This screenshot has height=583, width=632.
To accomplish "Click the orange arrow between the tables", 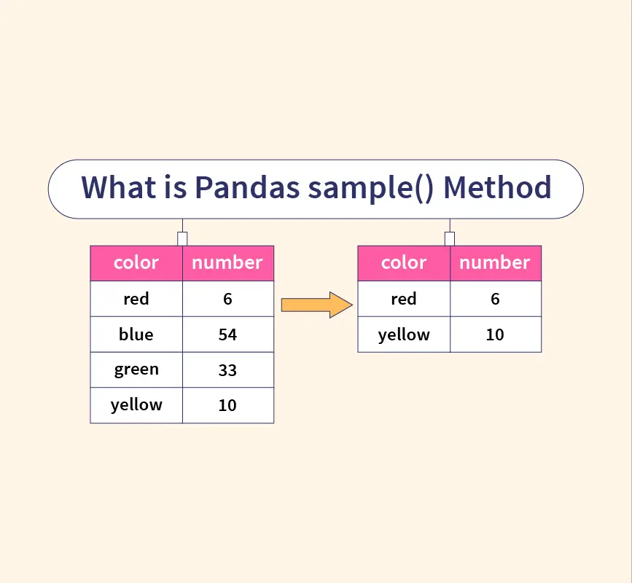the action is (317, 305).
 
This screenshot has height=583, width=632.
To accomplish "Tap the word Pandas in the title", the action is (248, 187).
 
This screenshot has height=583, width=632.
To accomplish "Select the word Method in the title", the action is (497, 187).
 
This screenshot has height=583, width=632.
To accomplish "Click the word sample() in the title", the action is (371, 189).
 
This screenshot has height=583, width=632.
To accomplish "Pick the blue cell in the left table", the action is (136, 334).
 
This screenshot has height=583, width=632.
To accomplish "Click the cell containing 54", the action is (228, 334).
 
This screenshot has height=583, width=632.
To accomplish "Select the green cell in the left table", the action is (136, 370).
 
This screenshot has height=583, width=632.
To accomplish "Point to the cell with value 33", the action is (228, 370).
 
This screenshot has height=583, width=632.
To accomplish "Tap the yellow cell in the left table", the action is (136, 405).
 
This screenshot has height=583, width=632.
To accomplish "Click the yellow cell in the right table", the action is (404, 334).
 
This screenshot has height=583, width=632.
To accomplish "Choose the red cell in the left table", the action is (136, 299).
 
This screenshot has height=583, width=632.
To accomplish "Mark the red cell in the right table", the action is (404, 299).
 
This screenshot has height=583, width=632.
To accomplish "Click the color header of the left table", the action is (136, 263).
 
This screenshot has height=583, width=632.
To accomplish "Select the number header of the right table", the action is (496, 263).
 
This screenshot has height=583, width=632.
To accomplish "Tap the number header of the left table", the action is (228, 263).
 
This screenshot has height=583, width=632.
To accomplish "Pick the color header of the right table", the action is (404, 263).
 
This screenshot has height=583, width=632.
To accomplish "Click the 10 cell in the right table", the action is (496, 334).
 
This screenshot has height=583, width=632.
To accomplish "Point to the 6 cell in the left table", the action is (228, 299).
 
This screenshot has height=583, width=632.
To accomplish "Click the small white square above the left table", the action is (182, 239).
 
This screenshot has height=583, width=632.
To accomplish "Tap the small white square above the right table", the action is (450, 239).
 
